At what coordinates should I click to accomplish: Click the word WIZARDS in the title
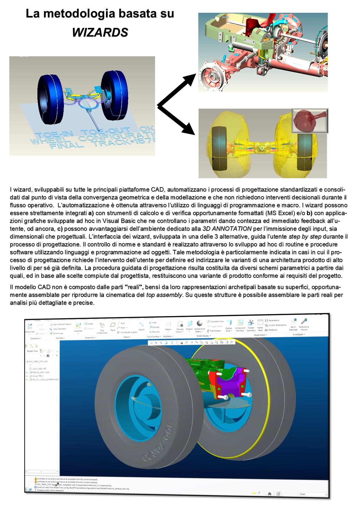[x=100, y=32]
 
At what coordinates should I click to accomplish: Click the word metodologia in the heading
[x=75, y=13]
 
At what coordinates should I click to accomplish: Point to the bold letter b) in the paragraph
[x=309, y=213]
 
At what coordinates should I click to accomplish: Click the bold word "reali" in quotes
[x=134, y=287]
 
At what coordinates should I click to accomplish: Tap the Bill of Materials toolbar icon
[x=293, y=324]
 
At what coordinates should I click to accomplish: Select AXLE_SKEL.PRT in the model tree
[x=39, y=369]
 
